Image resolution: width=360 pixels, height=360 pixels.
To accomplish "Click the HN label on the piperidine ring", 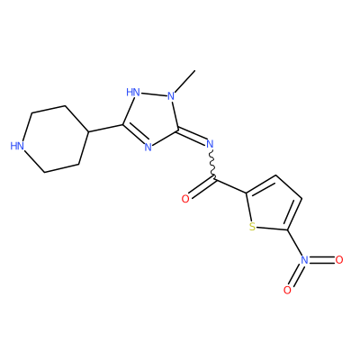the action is tap(17, 146).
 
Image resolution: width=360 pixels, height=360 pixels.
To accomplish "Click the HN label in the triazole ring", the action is tap(133, 92).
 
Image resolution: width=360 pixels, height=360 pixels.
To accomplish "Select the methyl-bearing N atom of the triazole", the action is tap(171, 96).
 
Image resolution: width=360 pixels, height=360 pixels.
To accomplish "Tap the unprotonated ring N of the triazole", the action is tap(148, 148).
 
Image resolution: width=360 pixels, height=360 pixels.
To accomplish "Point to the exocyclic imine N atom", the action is tap(210, 144).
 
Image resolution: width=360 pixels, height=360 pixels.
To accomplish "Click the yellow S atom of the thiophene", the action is tap(253, 227).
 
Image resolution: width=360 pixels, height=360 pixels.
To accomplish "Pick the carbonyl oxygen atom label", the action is tap(185, 199).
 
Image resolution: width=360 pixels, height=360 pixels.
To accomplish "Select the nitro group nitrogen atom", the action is tap(304, 260).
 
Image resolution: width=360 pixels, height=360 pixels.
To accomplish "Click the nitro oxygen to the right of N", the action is tap(339, 260).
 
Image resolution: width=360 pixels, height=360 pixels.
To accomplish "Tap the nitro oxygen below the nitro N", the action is tap(287, 290).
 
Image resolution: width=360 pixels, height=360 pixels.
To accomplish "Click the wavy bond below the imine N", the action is tap(212, 165).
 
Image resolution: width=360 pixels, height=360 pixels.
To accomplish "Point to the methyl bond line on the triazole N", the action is tap(185, 81).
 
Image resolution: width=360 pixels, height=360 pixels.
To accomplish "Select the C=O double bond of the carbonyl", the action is tap(202, 189).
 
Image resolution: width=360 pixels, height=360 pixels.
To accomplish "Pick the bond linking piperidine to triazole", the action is tap(105, 128).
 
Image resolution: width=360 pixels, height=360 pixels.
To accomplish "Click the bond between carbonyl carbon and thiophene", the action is tap(229, 186).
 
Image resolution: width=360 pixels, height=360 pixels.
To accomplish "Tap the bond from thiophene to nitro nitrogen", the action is tap(295, 243).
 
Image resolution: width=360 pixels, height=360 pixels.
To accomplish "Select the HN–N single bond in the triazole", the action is tap(154, 94).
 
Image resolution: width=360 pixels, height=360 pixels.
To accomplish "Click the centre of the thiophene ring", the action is tap(272, 206).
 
